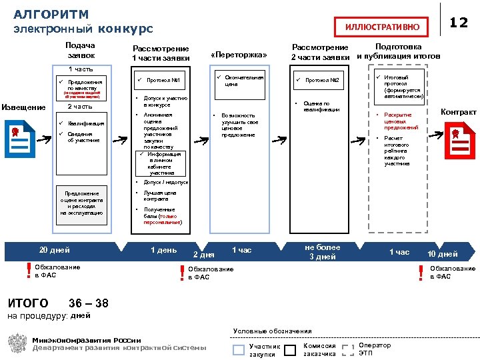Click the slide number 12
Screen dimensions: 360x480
pos(458,23)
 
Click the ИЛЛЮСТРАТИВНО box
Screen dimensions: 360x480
pos(382,27)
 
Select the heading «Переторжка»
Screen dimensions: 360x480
pos(238,55)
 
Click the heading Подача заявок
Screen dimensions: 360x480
pos(81,50)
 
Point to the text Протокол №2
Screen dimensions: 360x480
pos(323,81)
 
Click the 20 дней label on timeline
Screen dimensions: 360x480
pos(55,250)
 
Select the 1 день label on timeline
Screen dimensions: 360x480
pos(163,250)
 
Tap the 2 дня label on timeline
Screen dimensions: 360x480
pos(203,255)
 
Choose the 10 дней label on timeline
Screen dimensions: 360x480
pos(443,254)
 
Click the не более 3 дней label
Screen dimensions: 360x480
pos(321,252)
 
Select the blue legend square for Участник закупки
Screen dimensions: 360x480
pos(239,349)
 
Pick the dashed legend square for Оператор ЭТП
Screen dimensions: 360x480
pos(347,349)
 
